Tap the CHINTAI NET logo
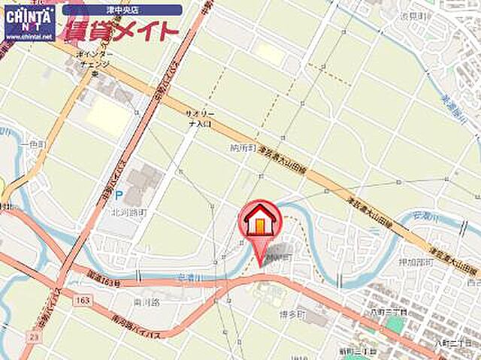(29, 17)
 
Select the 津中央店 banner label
(123, 10)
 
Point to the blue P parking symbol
(119, 194)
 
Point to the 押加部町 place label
(415, 262)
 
